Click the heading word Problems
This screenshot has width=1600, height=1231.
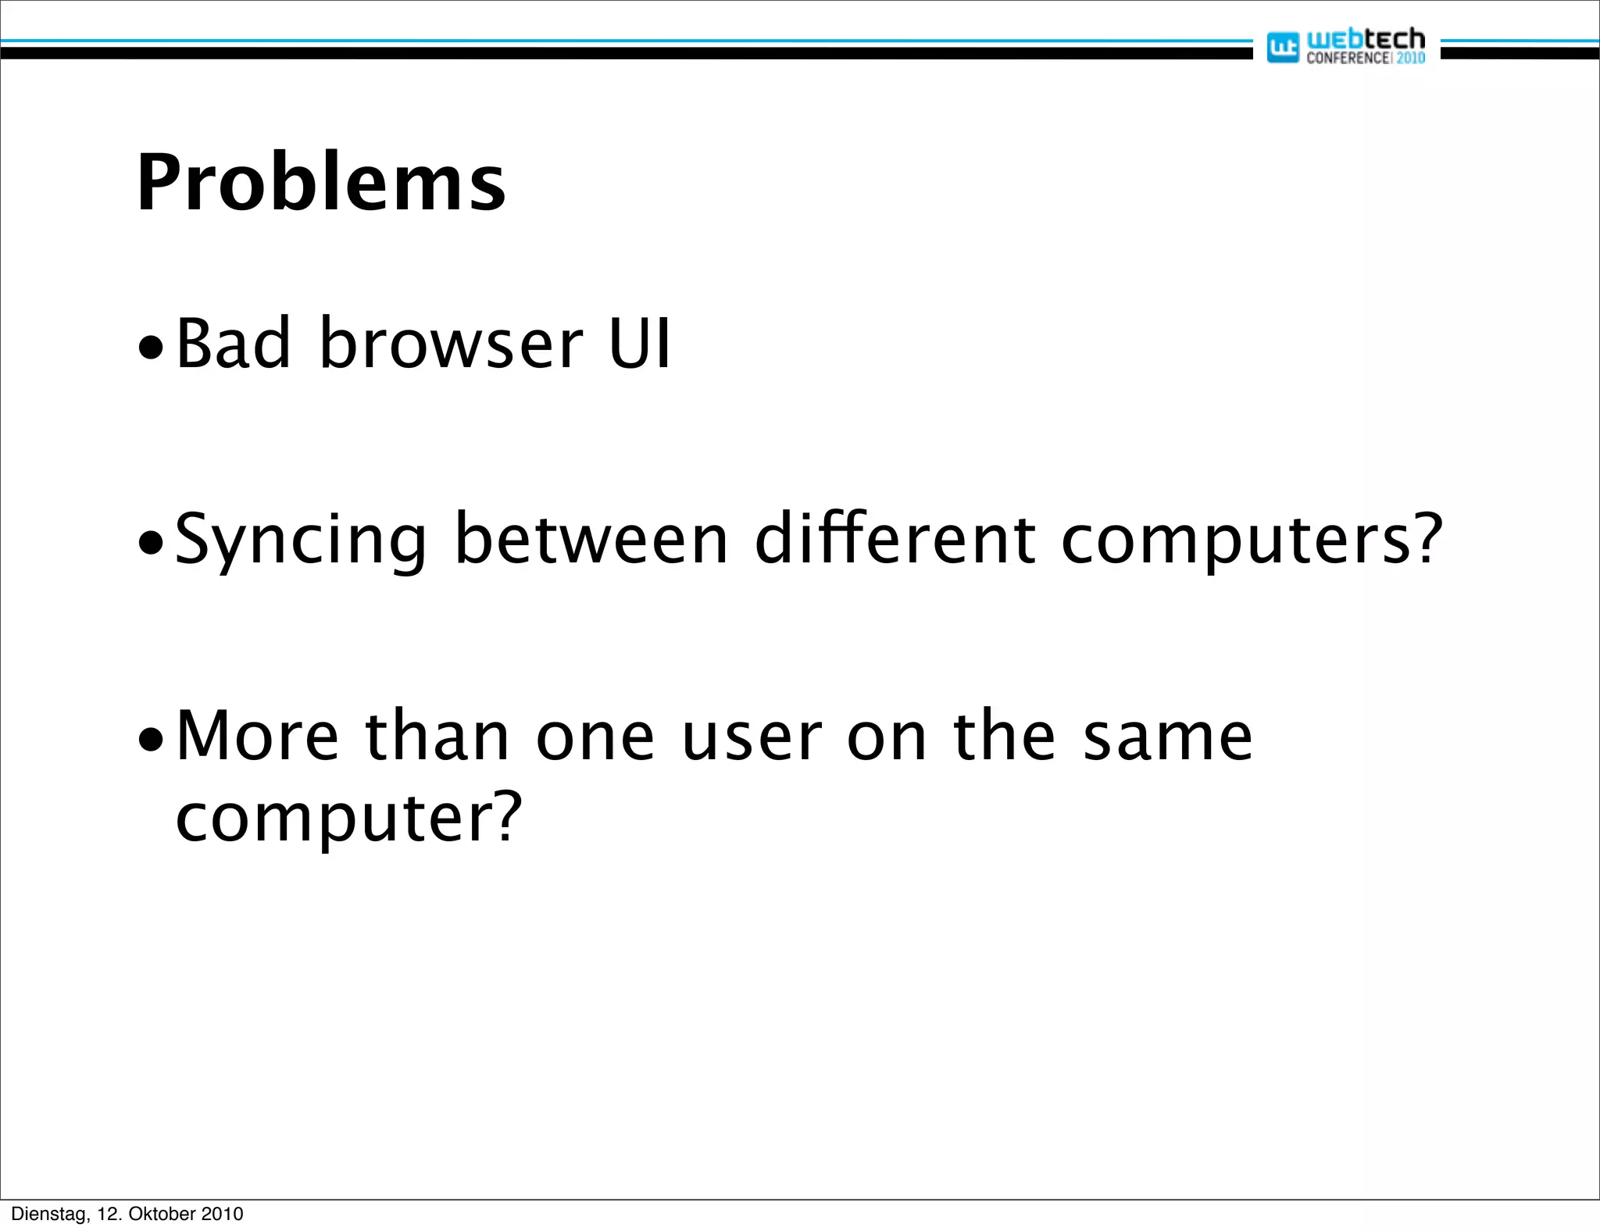(321, 184)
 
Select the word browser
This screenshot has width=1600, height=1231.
(451, 344)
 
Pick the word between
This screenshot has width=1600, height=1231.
(591, 539)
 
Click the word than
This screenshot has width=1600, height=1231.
(437, 736)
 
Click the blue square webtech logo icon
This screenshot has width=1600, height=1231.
(1282, 48)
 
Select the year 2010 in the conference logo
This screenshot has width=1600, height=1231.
(1410, 58)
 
